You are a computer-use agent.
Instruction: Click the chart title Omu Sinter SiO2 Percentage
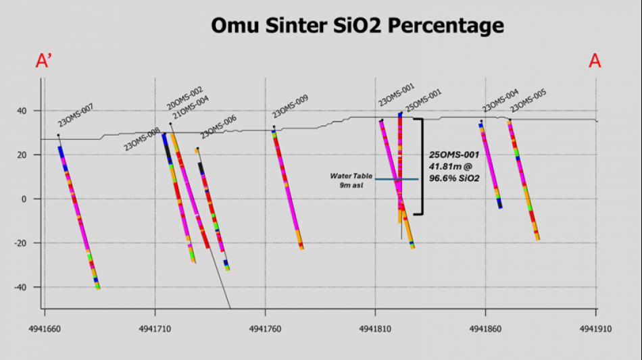[357, 26]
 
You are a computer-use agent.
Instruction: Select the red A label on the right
[595, 61]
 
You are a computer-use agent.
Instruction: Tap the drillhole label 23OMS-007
[76, 115]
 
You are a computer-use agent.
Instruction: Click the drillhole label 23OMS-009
[291, 107]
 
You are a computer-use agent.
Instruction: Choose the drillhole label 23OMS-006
[218, 127]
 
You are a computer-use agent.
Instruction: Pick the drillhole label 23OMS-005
[528, 101]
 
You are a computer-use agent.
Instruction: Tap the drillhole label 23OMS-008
[142, 139]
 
